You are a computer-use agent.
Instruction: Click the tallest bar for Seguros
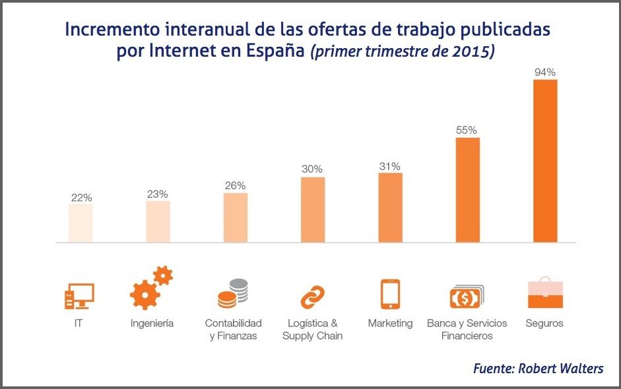tap(545, 161)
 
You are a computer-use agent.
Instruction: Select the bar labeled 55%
tap(467, 190)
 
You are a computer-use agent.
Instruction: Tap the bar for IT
tap(81, 223)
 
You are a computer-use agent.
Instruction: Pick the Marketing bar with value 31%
tap(390, 208)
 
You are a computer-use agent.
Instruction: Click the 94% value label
tap(545, 73)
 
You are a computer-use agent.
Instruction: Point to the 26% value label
tap(235, 185)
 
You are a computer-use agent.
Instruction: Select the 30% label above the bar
tap(312, 169)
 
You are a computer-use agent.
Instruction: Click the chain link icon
tap(312, 297)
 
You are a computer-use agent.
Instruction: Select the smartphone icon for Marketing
tap(389, 294)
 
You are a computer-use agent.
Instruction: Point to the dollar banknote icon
tap(467, 297)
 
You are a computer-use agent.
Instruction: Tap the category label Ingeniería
tap(152, 324)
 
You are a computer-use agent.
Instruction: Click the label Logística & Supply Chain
tap(312, 330)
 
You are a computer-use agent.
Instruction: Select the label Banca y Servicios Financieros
tap(467, 330)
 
